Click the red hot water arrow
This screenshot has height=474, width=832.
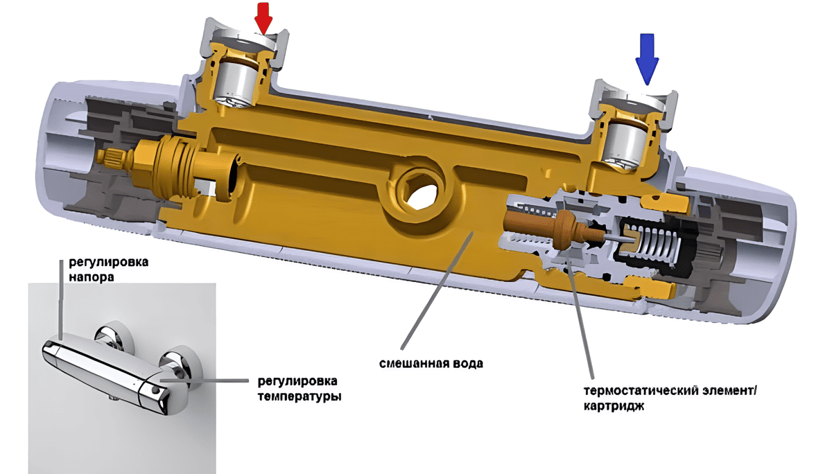click(x=263, y=19)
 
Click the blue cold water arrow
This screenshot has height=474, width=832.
click(x=647, y=60)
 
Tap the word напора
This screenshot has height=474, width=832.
click(x=92, y=277)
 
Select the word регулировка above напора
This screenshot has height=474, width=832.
click(x=108, y=262)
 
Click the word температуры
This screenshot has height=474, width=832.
click(x=300, y=397)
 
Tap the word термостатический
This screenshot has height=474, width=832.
click(x=641, y=392)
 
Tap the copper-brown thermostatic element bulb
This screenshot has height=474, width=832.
click(x=565, y=230)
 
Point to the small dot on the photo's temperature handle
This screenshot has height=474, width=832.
click(x=154, y=389)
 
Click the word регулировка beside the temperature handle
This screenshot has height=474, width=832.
click(x=297, y=381)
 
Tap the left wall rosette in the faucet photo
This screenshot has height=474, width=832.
click(x=114, y=337)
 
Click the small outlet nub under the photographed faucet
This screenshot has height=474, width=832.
click(x=113, y=398)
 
